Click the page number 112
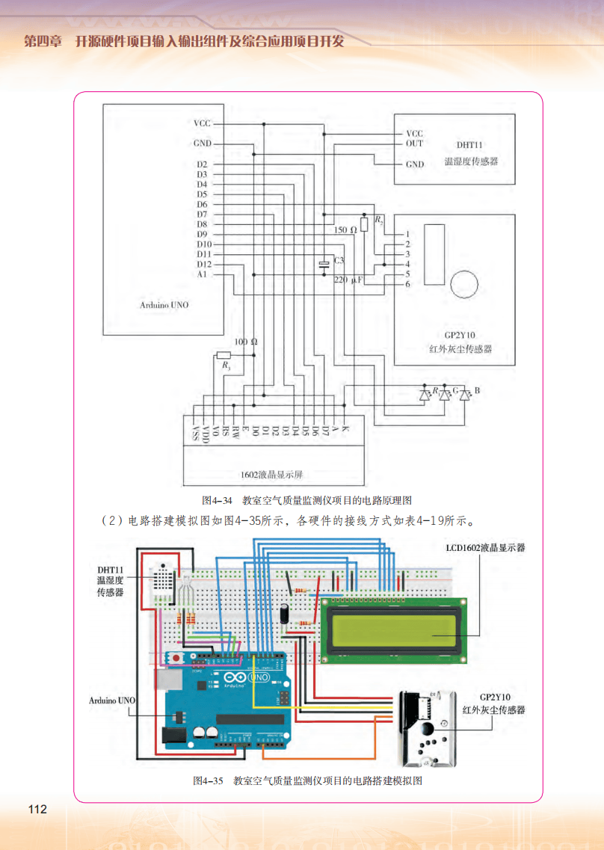[x=37, y=810]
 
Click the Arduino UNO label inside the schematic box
[x=164, y=305]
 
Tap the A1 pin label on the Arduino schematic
[x=202, y=274]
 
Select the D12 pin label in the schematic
[x=203, y=264]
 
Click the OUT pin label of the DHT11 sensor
[x=414, y=143]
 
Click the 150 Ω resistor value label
[x=345, y=230]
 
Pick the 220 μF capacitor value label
[x=348, y=280]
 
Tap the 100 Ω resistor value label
[x=245, y=342]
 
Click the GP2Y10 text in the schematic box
[x=454, y=336]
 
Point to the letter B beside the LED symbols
[x=478, y=391]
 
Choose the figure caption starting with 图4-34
[x=307, y=499]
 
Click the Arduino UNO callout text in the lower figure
[x=112, y=701]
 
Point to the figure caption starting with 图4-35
[x=307, y=781]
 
